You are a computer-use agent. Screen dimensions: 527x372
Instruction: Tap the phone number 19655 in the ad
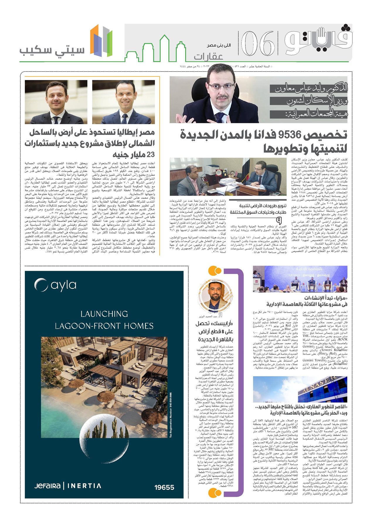click(164, 487)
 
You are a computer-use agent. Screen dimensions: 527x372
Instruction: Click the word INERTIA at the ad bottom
click(84, 486)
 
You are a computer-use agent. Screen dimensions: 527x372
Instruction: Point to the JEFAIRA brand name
click(47, 486)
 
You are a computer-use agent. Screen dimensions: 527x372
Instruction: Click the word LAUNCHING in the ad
click(104, 314)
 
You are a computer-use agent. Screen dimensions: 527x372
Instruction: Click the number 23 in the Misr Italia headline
click(149, 155)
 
